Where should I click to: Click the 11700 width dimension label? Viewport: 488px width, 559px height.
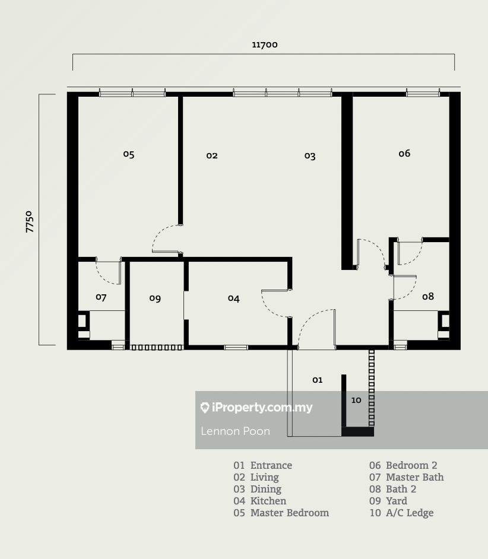click(265, 45)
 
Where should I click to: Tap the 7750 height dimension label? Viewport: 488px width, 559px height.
click(29, 222)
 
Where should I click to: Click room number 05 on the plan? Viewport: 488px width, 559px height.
click(129, 154)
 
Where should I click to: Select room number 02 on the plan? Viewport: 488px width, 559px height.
click(212, 155)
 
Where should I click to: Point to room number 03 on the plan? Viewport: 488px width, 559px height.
click(310, 156)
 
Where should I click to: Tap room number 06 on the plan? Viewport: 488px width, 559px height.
click(404, 153)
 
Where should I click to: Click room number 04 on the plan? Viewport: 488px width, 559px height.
click(234, 298)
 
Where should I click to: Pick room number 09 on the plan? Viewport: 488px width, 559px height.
click(155, 298)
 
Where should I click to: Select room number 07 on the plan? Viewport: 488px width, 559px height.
click(101, 297)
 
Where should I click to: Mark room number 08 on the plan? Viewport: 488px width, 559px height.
click(428, 296)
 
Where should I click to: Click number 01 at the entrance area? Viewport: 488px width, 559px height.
click(318, 380)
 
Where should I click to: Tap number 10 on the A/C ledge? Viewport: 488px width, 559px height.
click(356, 400)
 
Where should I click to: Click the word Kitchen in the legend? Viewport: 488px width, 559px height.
click(268, 501)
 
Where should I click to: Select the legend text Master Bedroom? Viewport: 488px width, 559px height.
click(290, 513)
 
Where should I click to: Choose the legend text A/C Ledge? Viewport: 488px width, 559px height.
click(410, 513)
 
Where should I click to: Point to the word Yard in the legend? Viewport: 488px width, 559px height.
click(397, 501)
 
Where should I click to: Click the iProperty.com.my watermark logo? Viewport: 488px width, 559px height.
click(256, 407)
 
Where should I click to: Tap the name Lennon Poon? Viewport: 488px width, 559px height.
click(236, 431)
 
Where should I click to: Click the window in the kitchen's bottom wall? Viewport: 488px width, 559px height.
click(236, 347)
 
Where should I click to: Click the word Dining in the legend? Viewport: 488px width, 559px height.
click(266, 489)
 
